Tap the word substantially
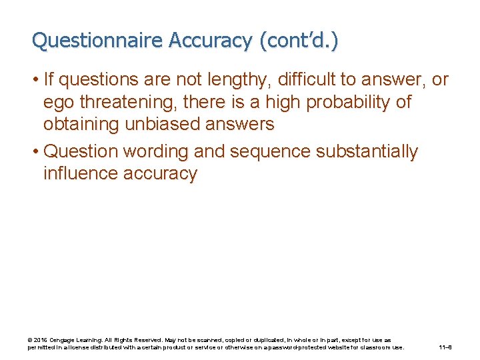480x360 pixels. click(x=366, y=152)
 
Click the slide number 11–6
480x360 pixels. click(x=445, y=347)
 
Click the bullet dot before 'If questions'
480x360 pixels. click(x=34, y=81)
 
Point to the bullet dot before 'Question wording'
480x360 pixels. click(x=34, y=152)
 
